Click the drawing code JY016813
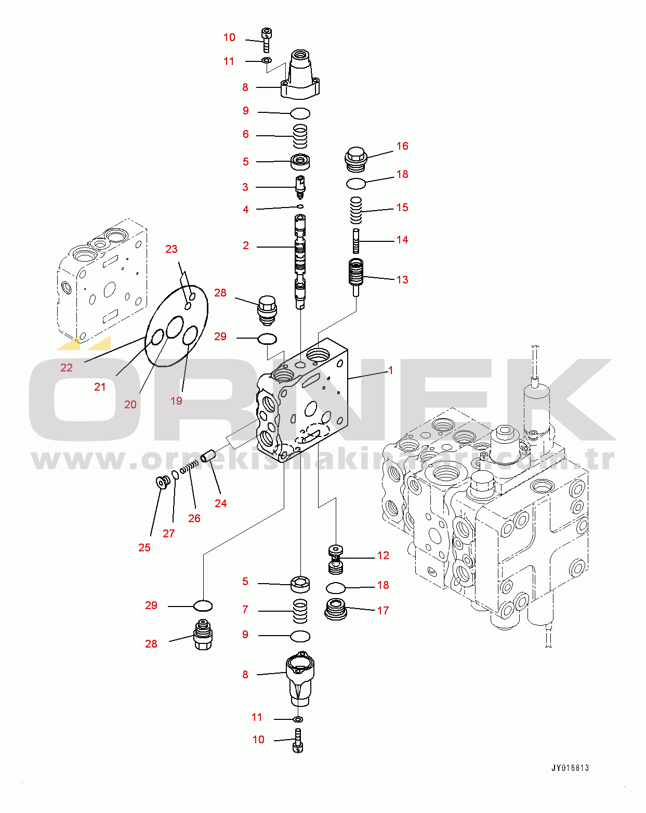pyautogui.click(x=570, y=768)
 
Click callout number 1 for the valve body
pyautogui.click(x=390, y=370)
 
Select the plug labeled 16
pyautogui.click(x=356, y=159)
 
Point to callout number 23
pyautogui.click(x=172, y=249)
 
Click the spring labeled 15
pyautogui.click(x=355, y=210)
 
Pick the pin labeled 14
pyautogui.click(x=356, y=241)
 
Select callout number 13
pyautogui.click(x=402, y=280)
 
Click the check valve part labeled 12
pyautogui.click(x=336, y=559)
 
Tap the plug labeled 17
pyautogui.click(x=336, y=609)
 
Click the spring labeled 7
pyautogui.click(x=300, y=611)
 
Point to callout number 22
pyautogui.click(x=67, y=368)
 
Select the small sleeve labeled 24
pyautogui.click(x=208, y=456)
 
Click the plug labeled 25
pyautogui.click(x=162, y=483)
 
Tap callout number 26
pyautogui.click(x=194, y=519)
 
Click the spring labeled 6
pyautogui.click(x=300, y=136)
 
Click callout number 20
pyautogui.click(x=130, y=405)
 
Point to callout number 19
pyautogui.click(x=176, y=401)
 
